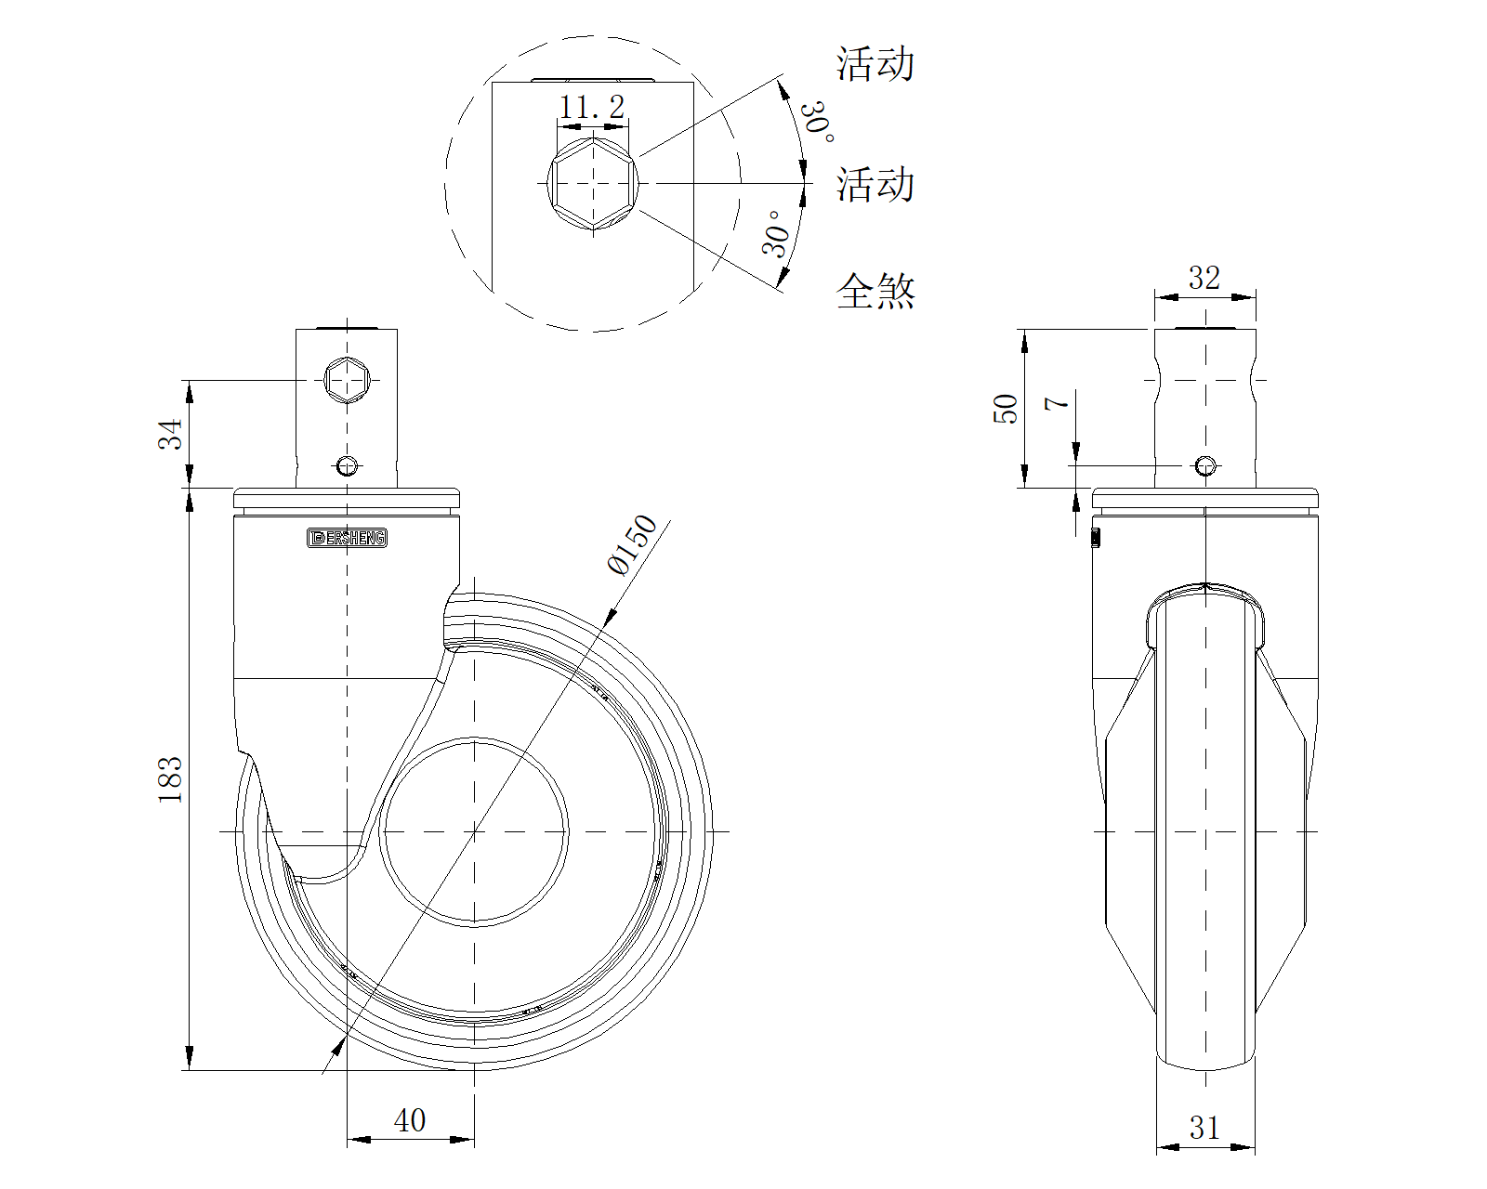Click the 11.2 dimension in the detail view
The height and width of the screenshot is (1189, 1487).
[591, 108]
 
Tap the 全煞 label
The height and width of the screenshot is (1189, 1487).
[875, 291]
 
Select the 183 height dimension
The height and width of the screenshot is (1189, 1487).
[171, 780]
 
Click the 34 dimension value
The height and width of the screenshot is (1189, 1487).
[171, 433]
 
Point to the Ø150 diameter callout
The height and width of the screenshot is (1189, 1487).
[631, 545]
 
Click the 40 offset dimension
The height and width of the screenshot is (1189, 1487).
[409, 1120]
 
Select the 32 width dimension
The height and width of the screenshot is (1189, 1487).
[1204, 278]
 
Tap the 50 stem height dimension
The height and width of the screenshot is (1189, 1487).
[1007, 409]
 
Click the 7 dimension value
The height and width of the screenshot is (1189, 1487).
[1058, 402]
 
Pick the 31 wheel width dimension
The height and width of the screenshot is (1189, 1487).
[1204, 1128]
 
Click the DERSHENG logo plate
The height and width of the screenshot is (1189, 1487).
[347, 538]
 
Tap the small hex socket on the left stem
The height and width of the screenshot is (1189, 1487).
[347, 379]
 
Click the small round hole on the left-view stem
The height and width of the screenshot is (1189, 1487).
[347, 465]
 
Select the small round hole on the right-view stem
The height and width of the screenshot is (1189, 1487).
[1205, 465]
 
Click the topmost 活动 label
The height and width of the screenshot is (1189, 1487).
[875, 64]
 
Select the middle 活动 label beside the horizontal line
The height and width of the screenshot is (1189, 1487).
[875, 184]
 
